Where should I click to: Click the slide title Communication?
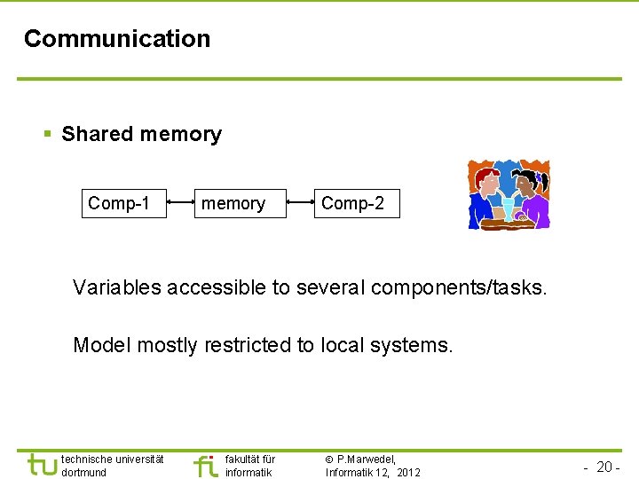coord(117,39)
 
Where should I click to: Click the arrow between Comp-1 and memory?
coord(181,204)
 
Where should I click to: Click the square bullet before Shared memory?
coord(48,135)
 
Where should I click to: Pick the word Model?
coord(98,345)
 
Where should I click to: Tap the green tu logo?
coord(41,465)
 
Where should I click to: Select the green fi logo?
coord(205,465)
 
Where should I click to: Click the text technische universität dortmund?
coord(112,466)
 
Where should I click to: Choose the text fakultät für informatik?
coord(250,466)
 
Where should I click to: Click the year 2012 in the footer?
coord(408,473)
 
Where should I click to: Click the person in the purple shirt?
coord(532,200)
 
